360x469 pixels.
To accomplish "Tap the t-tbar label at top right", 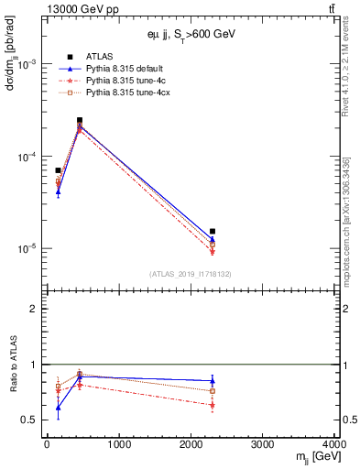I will (329, 10).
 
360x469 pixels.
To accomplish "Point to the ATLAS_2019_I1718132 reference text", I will (189, 273).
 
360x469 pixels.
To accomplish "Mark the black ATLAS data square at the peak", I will (80, 120).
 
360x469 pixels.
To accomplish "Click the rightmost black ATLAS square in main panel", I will (213, 232).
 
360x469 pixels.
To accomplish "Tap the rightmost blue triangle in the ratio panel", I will (213, 380).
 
